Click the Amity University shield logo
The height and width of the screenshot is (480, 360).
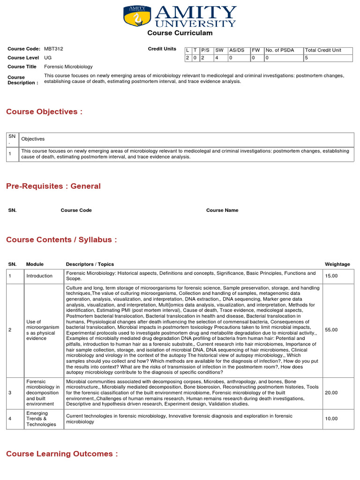click(x=137, y=16)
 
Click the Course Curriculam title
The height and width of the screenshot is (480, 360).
click(x=180, y=33)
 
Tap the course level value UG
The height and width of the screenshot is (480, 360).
click(x=48, y=58)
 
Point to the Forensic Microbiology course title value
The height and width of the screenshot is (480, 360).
click(x=68, y=67)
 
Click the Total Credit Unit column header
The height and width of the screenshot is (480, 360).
click(x=323, y=50)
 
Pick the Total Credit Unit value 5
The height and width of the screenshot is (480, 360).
click(x=307, y=58)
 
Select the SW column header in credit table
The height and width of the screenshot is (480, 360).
click(x=219, y=50)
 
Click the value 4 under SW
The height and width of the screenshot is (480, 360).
click(x=217, y=58)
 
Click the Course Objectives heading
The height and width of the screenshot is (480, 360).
click(x=44, y=112)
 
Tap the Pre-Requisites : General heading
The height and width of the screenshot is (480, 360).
click(x=53, y=186)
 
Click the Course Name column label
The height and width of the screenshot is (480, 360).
click(x=222, y=210)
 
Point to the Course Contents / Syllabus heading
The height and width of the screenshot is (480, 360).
click(x=61, y=240)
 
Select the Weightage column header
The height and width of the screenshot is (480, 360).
click(x=337, y=264)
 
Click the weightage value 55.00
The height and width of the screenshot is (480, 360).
click(x=331, y=330)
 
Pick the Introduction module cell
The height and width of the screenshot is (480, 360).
click(x=39, y=276)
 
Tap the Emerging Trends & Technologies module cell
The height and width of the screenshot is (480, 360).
click(x=41, y=419)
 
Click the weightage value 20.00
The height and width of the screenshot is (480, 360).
click(x=331, y=393)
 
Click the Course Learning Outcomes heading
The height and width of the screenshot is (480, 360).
click(x=62, y=454)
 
